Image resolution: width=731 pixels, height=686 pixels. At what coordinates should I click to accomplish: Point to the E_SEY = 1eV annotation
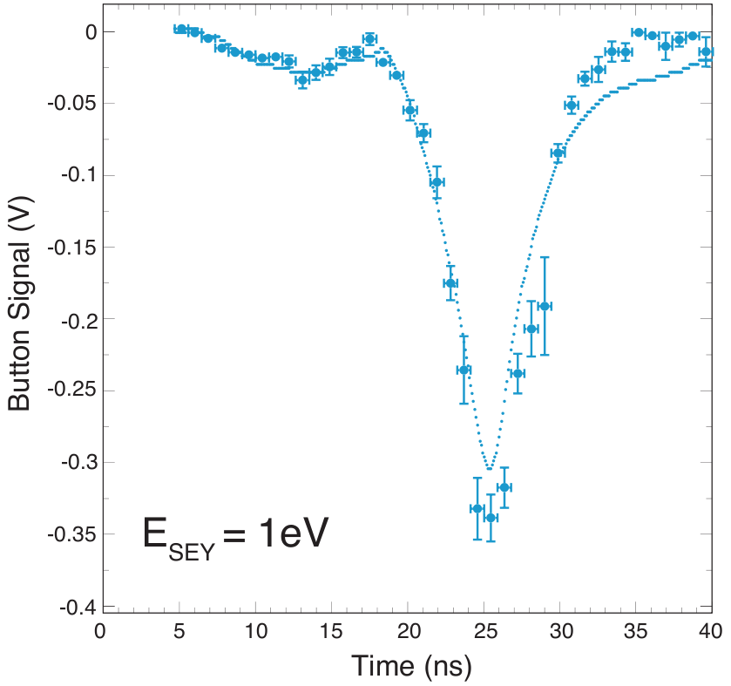(x=234, y=534)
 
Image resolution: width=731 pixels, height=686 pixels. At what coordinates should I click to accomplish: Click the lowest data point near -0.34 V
(x=491, y=518)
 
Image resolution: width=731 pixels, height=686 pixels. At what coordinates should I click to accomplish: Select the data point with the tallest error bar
(x=545, y=306)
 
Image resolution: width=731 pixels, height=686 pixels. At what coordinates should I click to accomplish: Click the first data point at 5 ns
(x=181, y=29)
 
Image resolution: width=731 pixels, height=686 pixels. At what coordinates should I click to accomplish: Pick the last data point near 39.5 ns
(x=706, y=52)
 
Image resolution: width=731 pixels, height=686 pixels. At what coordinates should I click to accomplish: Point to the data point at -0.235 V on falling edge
(x=464, y=370)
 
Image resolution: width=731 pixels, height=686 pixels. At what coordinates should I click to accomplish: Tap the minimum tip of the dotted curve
(x=491, y=469)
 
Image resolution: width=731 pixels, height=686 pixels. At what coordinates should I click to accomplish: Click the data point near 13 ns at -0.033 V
(x=302, y=79)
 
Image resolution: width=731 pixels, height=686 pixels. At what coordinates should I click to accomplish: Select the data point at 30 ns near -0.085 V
(x=558, y=153)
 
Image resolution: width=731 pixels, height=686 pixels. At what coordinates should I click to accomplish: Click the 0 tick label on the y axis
(x=85, y=31)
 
